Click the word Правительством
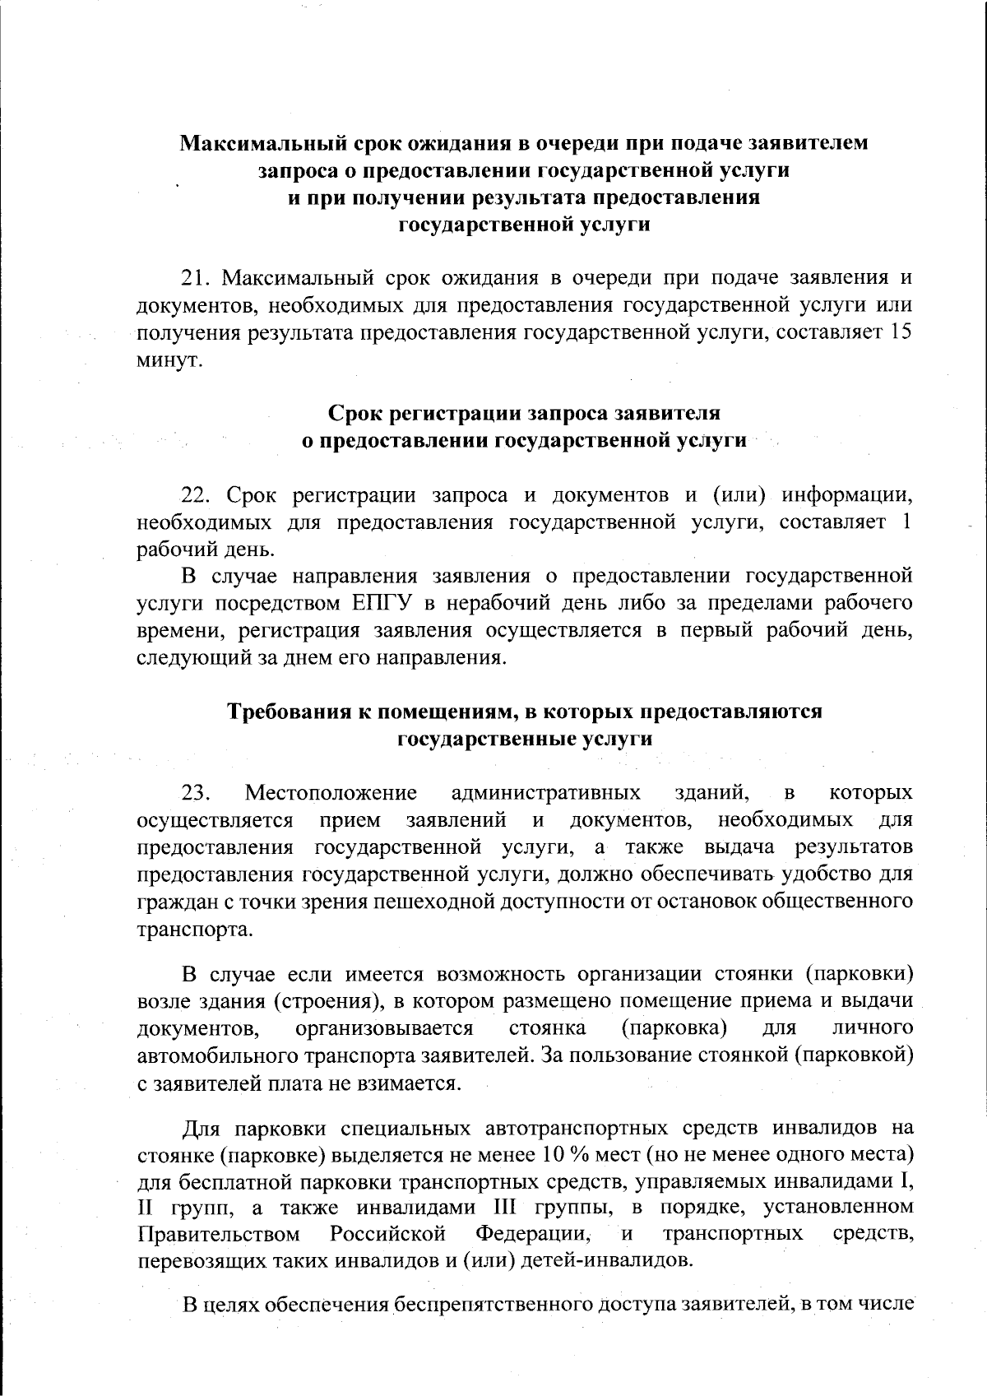219,1235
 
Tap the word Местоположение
331,793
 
